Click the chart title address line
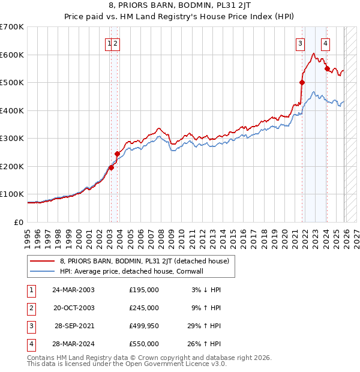[180, 7]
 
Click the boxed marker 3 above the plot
[299, 43]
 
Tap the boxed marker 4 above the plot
[325, 43]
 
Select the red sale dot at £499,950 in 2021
[302, 83]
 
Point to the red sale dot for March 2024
[327, 68]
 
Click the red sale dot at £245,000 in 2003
[118, 154]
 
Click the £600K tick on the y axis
[12, 55]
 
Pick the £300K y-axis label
[12, 138]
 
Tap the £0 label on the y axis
[18, 222]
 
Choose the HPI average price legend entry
[140, 271]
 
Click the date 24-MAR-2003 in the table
[73, 290]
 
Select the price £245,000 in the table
[144, 308]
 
